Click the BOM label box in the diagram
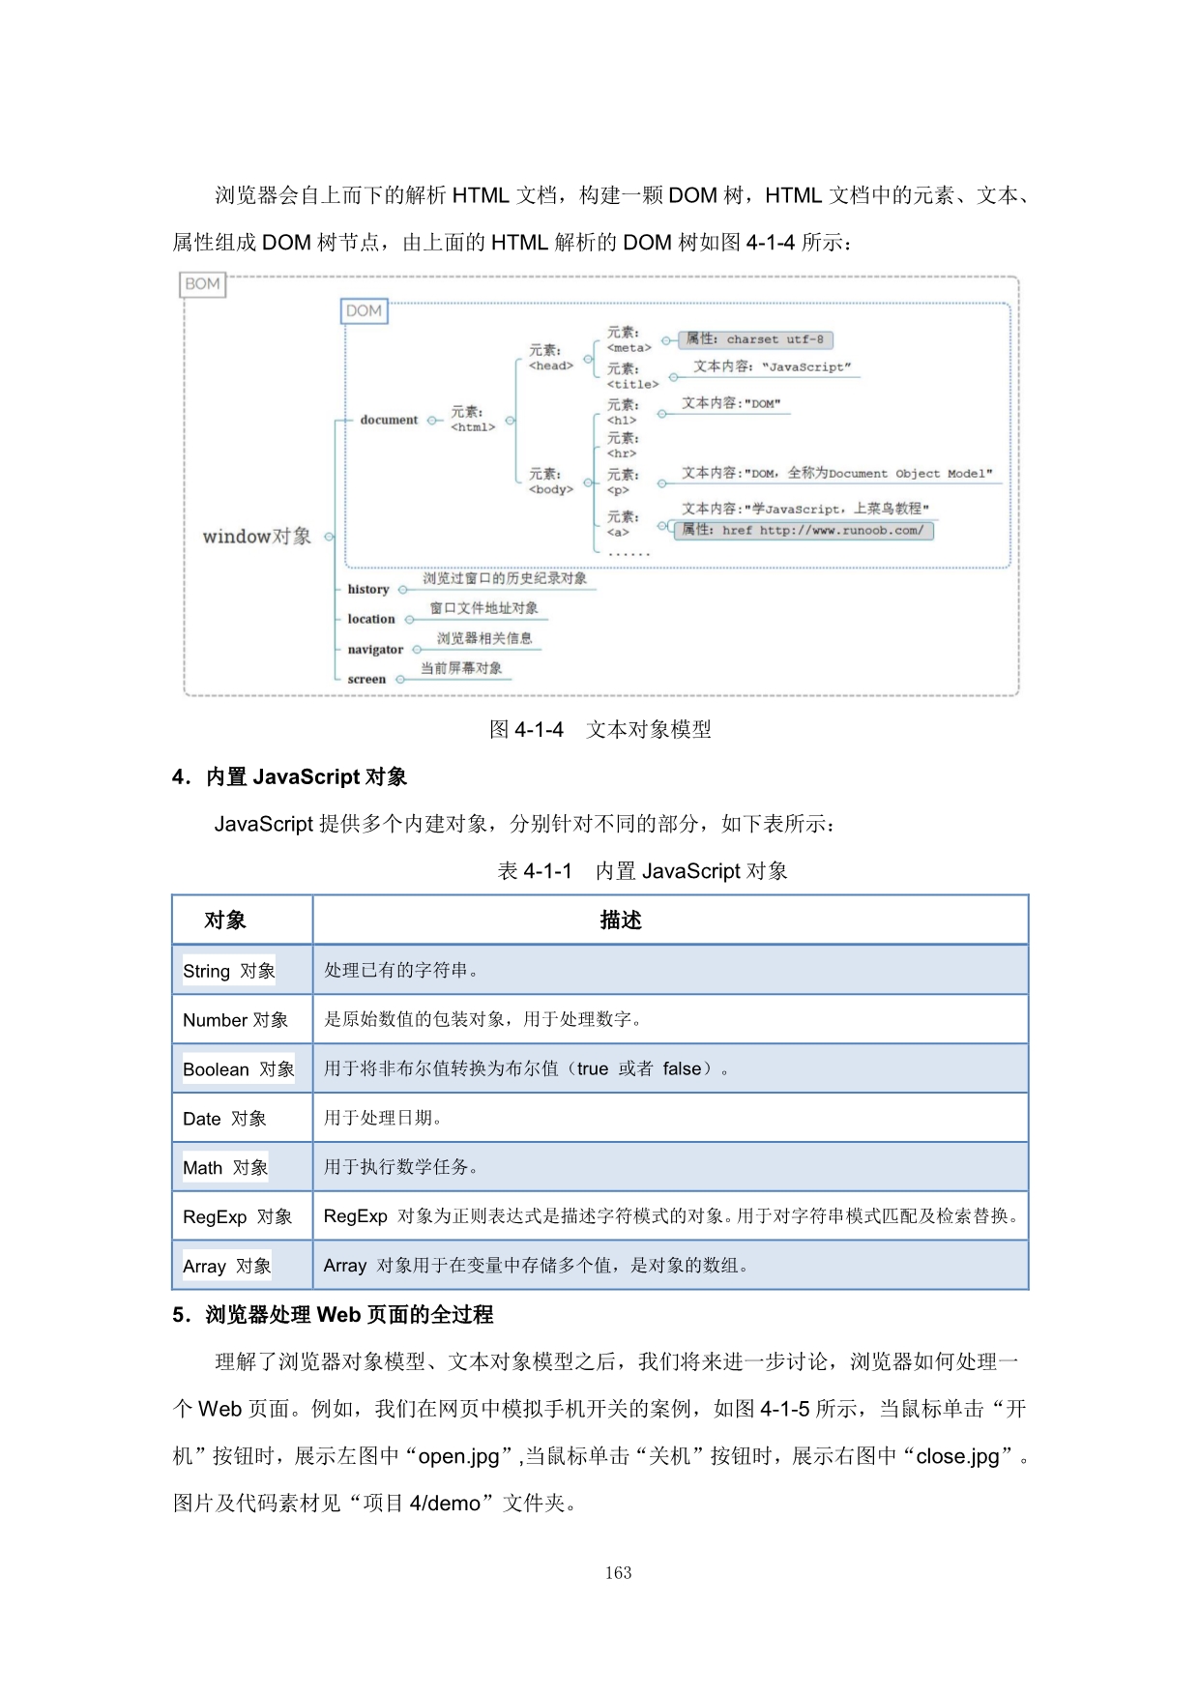pyautogui.click(x=202, y=284)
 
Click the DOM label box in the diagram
pyautogui.click(x=364, y=311)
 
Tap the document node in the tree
pyautogui.click(x=389, y=420)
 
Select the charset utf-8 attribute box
pyautogui.click(x=755, y=339)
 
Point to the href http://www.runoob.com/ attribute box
pyautogui.click(x=804, y=530)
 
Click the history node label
pyautogui.click(x=368, y=589)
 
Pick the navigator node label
pyautogui.click(x=375, y=650)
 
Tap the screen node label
pyautogui.click(x=366, y=680)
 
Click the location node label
pyautogui.click(x=371, y=619)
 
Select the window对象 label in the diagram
pyautogui.click(x=257, y=537)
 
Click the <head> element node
pyautogui.click(x=550, y=358)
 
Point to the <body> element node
pyautogui.click(x=550, y=482)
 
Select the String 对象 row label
pyautogui.click(x=229, y=971)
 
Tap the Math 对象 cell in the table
pyautogui.click(x=225, y=1168)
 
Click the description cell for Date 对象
pyautogui.click(x=669, y=1118)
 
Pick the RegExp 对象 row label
pyautogui.click(x=238, y=1216)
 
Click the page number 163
pyautogui.click(x=618, y=1573)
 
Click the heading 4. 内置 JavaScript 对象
pyautogui.click(x=289, y=776)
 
